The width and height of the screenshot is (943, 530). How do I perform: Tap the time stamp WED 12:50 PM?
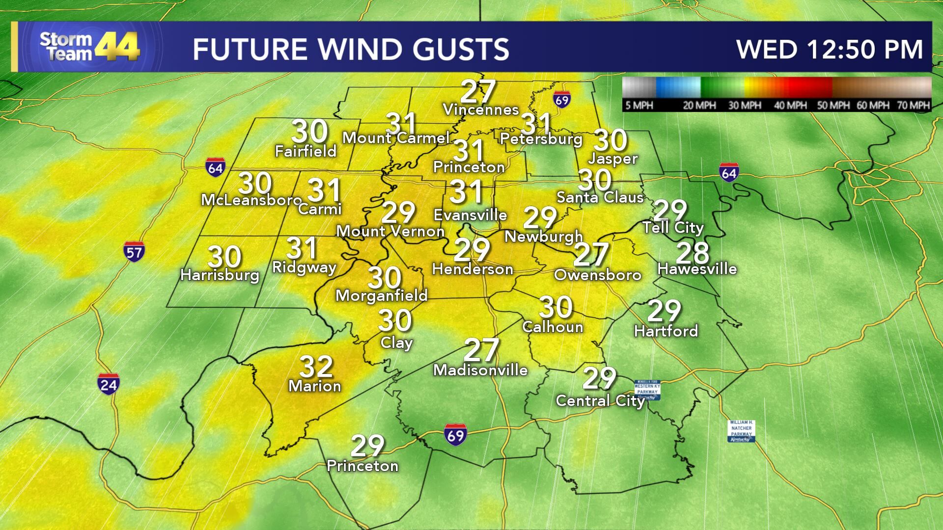click(829, 50)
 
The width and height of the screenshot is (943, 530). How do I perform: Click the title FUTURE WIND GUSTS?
click(351, 50)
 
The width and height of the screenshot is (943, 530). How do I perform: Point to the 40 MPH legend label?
click(790, 105)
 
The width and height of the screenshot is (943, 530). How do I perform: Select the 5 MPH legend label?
click(639, 105)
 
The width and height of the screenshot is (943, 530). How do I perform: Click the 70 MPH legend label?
click(913, 105)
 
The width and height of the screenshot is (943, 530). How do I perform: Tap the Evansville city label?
click(470, 215)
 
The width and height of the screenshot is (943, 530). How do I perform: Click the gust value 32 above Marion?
click(316, 366)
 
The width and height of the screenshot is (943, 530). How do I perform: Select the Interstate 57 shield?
click(134, 252)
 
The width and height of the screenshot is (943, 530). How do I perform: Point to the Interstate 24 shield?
click(108, 384)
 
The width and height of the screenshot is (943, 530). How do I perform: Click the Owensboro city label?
click(598, 275)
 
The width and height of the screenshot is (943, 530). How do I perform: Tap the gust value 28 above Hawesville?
click(693, 253)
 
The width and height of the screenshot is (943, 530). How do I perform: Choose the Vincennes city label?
click(481, 109)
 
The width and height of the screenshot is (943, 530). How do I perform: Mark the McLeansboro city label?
click(251, 200)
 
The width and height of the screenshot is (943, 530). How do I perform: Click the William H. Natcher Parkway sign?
click(741, 431)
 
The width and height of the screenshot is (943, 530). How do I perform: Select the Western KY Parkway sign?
click(647, 390)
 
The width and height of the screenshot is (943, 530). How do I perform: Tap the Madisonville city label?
click(480, 370)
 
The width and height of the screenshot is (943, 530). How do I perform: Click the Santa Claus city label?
click(600, 197)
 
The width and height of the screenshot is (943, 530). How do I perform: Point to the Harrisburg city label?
click(220, 274)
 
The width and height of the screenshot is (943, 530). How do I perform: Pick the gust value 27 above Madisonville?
click(481, 350)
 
